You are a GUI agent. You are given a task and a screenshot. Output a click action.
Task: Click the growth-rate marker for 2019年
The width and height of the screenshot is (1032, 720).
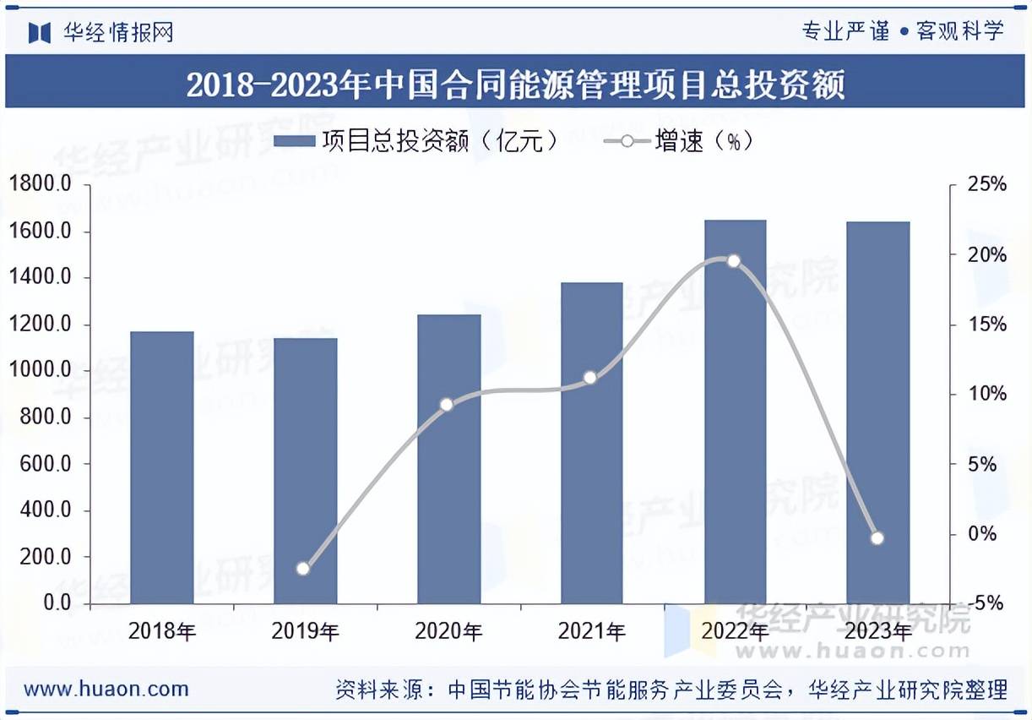303,568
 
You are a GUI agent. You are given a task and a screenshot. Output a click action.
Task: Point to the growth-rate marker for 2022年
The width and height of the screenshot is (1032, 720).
733,261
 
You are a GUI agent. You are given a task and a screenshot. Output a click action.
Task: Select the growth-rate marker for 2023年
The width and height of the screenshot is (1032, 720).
877,537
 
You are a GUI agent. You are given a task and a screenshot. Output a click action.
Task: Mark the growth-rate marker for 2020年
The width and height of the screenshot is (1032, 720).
447,405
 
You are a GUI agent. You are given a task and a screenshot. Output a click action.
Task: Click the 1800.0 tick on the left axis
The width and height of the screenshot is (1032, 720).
41,185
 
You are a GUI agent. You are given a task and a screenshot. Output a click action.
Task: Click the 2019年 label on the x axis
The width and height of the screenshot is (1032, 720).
305,631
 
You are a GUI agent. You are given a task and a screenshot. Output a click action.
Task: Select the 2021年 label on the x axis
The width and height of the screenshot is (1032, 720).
591,631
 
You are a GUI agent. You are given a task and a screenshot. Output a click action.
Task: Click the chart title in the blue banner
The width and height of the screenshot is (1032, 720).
515,85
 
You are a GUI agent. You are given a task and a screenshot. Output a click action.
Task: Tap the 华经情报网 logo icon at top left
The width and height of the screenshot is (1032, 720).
40,33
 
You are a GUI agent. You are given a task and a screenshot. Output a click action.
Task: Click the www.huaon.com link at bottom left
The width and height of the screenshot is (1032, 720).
106,689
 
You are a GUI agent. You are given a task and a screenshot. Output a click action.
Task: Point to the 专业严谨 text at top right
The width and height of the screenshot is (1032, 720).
845,32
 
